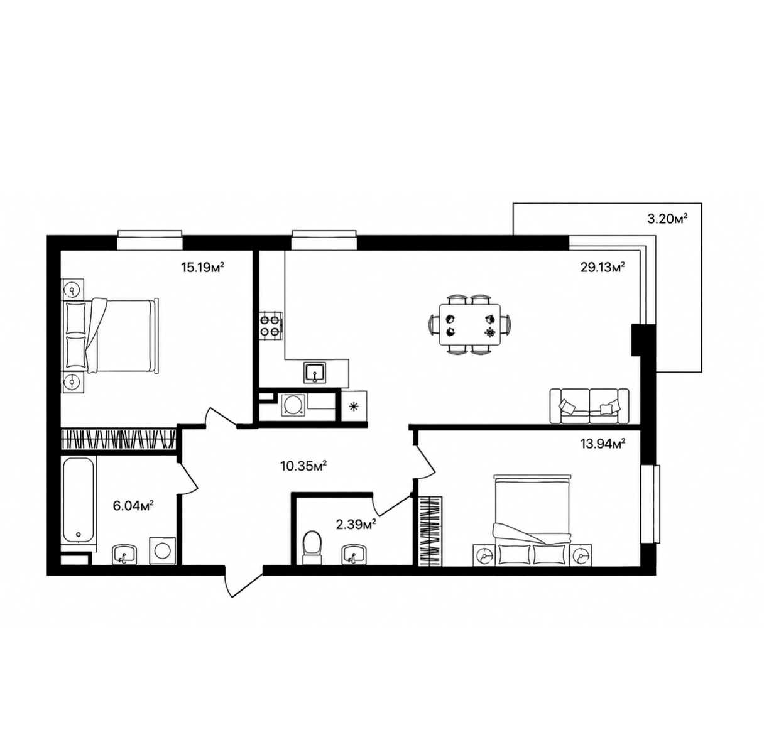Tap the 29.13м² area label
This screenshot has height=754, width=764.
pos(603,266)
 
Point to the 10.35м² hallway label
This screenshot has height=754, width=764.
pos(303,466)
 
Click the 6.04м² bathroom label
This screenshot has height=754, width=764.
pos(133,506)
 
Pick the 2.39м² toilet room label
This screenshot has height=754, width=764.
pos(356,525)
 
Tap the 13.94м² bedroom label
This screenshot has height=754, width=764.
pos(603,443)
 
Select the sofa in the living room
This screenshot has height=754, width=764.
pos(589,406)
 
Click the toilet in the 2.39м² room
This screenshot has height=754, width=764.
pos(313,547)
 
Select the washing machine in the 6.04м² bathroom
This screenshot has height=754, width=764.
pos(162,550)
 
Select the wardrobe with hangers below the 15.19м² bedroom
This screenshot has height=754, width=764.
pos(117,439)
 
